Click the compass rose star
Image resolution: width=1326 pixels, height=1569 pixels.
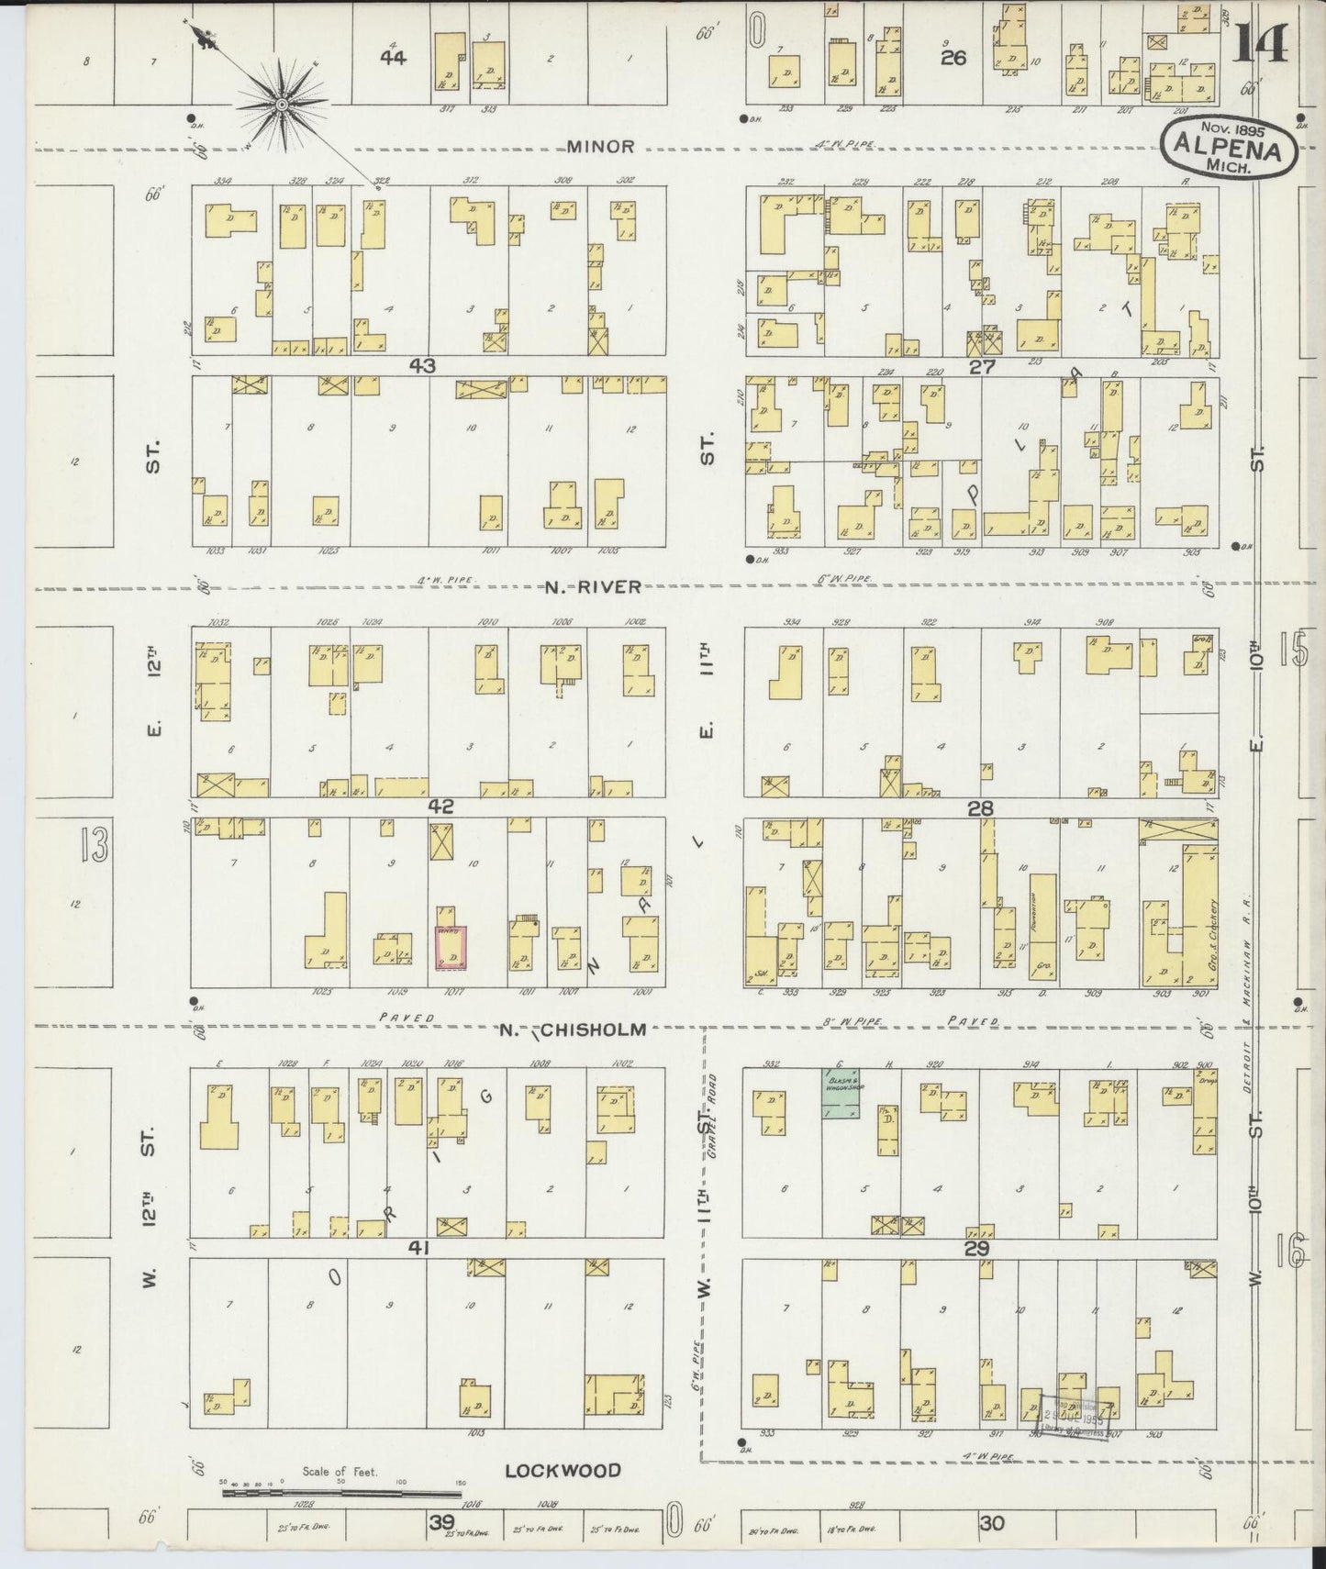[x=283, y=106]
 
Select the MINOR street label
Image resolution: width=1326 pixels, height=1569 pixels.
[x=600, y=146]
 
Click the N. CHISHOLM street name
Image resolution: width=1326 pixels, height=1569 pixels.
[x=574, y=1029]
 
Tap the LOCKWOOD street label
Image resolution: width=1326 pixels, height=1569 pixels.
[x=563, y=1470]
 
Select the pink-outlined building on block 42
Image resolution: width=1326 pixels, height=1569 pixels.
[x=451, y=947]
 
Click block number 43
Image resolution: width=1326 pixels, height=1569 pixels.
[x=422, y=365]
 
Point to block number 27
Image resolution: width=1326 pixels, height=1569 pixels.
[x=981, y=366]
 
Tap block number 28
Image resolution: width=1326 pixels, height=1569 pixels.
[x=981, y=808]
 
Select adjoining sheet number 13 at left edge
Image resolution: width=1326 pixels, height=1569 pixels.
[x=94, y=844]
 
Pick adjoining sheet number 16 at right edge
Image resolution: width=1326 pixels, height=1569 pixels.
[x=1290, y=1251]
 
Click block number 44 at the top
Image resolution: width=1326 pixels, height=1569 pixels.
[x=394, y=57]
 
